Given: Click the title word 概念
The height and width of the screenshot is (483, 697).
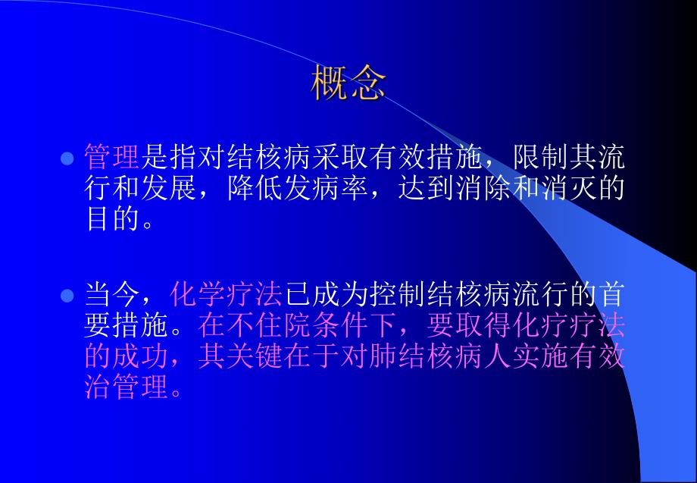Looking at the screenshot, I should point(348,84).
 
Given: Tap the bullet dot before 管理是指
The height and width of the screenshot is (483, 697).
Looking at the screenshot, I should point(67,158).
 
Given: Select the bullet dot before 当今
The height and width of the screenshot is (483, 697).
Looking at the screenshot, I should point(67,294).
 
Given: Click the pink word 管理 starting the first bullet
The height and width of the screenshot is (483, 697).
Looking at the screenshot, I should point(112,158).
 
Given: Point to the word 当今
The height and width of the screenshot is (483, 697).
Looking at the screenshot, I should point(112,294).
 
